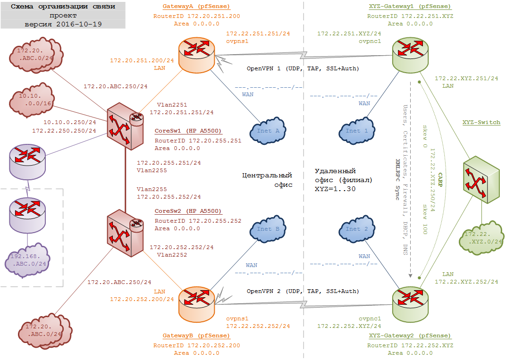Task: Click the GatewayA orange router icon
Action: (197, 56)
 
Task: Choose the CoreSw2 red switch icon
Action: (125, 232)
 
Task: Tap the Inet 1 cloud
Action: (357, 131)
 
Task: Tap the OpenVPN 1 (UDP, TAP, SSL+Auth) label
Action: (303, 68)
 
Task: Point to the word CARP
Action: (440, 180)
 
